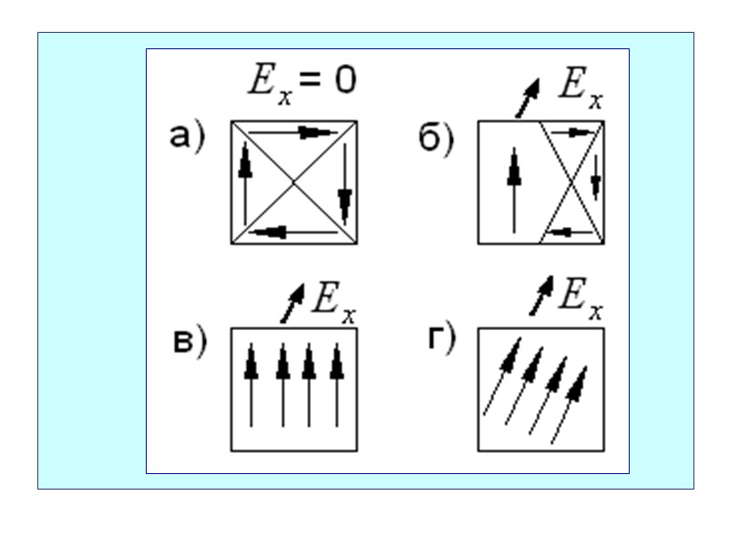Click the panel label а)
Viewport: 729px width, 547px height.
[x=189, y=137]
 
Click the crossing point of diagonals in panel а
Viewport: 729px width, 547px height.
[x=293, y=182]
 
